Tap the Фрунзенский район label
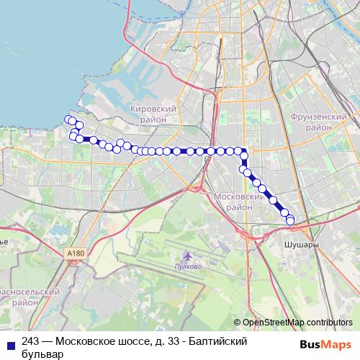pos(319,121)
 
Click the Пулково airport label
pos(189,266)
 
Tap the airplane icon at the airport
pos(188,256)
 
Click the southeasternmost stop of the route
pos(290,221)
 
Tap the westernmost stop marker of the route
pos(68,120)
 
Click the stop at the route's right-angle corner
pos(244,151)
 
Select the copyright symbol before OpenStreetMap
pos(238,323)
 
